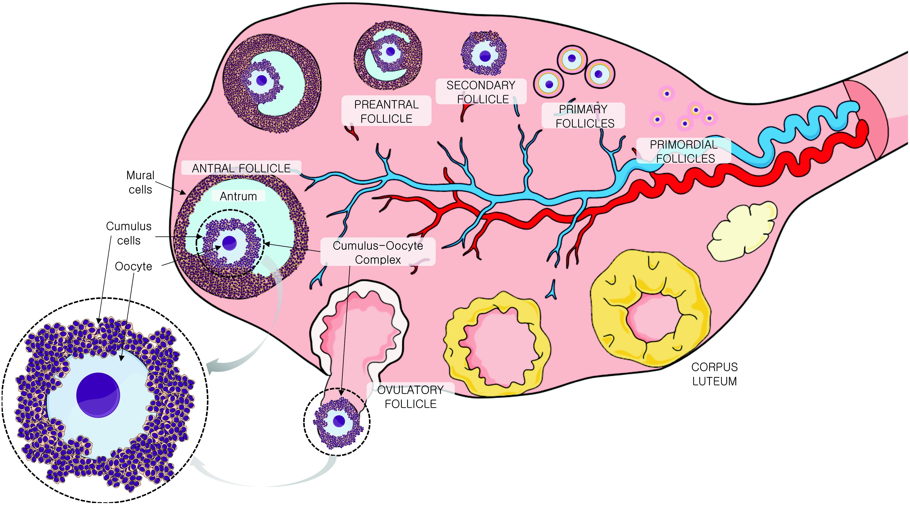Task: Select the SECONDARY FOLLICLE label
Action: point(481,92)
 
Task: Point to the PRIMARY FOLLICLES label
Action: point(583,116)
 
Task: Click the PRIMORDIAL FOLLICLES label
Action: point(684,151)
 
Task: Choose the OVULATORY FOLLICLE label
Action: point(410,397)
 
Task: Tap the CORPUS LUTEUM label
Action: point(714,374)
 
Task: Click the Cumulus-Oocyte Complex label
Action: point(378,252)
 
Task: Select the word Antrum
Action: point(238,196)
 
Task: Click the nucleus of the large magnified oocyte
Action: point(98,395)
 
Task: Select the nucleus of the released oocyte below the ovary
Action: point(339,420)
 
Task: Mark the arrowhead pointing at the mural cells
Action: point(184,193)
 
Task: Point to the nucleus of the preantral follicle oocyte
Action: point(390,52)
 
